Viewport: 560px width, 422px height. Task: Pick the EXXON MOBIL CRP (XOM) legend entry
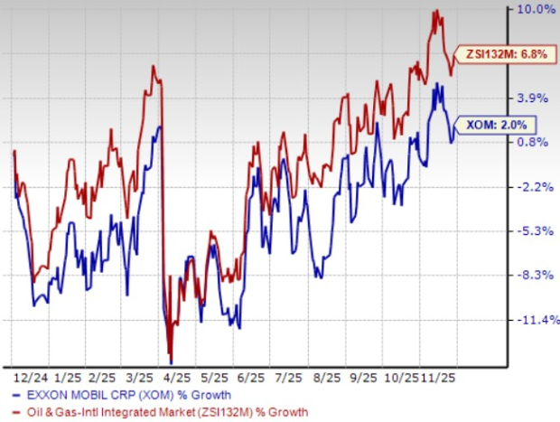[x=122, y=395]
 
